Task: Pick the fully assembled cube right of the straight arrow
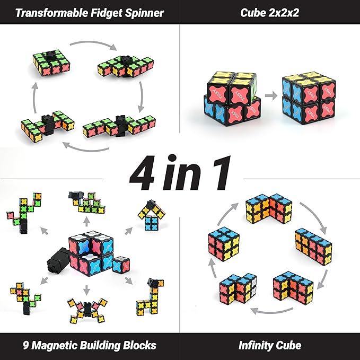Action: pyautogui.click(x=308, y=95)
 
